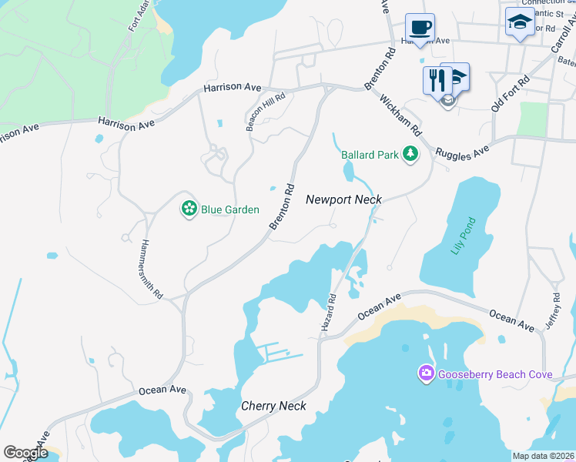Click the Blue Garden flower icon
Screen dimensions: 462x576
click(189, 209)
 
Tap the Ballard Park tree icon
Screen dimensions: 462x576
click(410, 155)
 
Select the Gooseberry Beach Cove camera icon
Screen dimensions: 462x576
click(426, 374)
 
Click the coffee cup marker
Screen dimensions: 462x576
click(420, 28)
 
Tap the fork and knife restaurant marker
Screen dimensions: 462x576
click(436, 79)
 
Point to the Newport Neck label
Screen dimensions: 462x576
click(343, 199)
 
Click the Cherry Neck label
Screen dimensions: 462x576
click(273, 406)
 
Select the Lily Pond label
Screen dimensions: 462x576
click(465, 238)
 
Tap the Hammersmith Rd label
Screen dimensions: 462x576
click(152, 269)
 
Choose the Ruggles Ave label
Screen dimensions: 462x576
click(462, 149)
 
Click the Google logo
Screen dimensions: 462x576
click(25, 453)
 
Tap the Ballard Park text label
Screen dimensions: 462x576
click(370, 155)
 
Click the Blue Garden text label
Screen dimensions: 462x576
click(230, 209)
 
